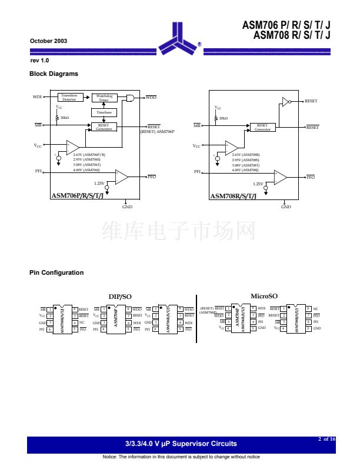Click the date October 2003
pyautogui.click(x=48, y=41)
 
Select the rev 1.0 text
pyautogui.click(x=39, y=61)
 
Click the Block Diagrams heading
pyautogui.click(x=54, y=74)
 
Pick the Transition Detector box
pyautogui.click(x=69, y=98)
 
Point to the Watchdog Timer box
pyautogui.click(x=104, y=98)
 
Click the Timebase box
pyautogui.click(x=104, y=112)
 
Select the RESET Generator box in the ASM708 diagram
pyautogui.click(x=262, y=127)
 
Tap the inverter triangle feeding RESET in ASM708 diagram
pyautogui.click(x=286, y=102)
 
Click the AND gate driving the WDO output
pyautogui.click(x=131, y=98)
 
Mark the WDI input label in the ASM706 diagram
pyautogui.click(x=37, y=96)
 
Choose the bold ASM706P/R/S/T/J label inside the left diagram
pyautogui.click(x=76, y=195)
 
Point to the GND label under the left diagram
pyautogui.click(x=127, y=207)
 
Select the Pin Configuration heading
pyautogui.click(x=56, y=272)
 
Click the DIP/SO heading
pyautogui.click(x=120, y=297)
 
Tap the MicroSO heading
pyautogui.click(x=264, y=296)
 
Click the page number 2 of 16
pyautogui.click(x=326, y=439)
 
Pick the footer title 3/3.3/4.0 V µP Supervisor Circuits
pyautogui.click(x=181, y=444)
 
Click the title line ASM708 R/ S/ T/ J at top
pyautogui.click(x=292, y=35)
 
